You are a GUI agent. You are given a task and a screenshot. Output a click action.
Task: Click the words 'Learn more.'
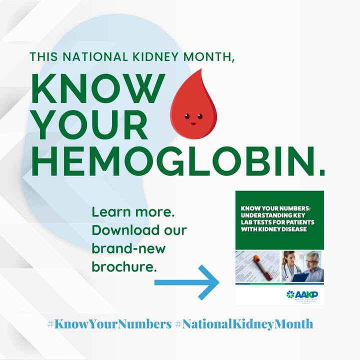point(133,212)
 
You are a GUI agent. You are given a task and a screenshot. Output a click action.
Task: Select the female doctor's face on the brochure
point(289,258)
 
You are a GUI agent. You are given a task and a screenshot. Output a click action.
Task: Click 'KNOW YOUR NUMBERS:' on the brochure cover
point(272,207)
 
